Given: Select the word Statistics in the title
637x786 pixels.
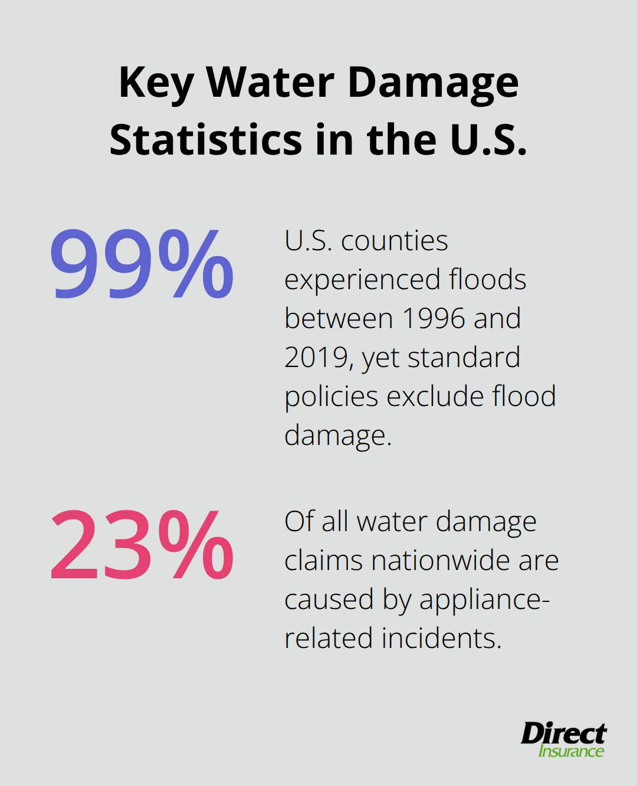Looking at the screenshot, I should [x=206, y=140].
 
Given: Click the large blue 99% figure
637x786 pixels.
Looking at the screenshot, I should [x=142, y=264].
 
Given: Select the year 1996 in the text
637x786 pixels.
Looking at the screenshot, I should [x=432, y=319].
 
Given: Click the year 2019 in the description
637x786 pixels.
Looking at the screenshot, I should [x=316, y=358].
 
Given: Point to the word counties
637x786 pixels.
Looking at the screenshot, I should [x=395, y=241].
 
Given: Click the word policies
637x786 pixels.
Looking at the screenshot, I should [x=331, y=397].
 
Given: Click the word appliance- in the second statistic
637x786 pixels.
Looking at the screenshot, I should [x=484, y=600].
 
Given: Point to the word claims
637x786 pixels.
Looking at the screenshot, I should [x=324, y=561].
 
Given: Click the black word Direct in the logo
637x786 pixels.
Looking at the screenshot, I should [x=563, y=733].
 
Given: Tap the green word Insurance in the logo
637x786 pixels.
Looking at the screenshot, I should [x=571, y=751].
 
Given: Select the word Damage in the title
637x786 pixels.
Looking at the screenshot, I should [x=434, y=83].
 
